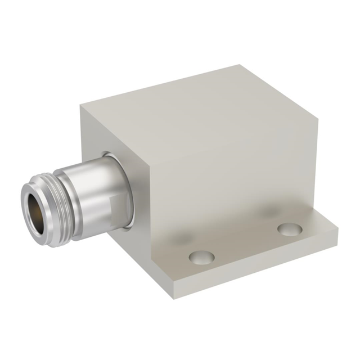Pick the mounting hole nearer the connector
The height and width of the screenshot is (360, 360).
pos(201,258)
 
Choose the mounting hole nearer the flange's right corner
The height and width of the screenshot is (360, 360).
pos(290,229)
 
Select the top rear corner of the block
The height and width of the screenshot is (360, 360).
pos(242,66)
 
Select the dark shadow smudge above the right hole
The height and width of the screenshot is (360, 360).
pos(270,212)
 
